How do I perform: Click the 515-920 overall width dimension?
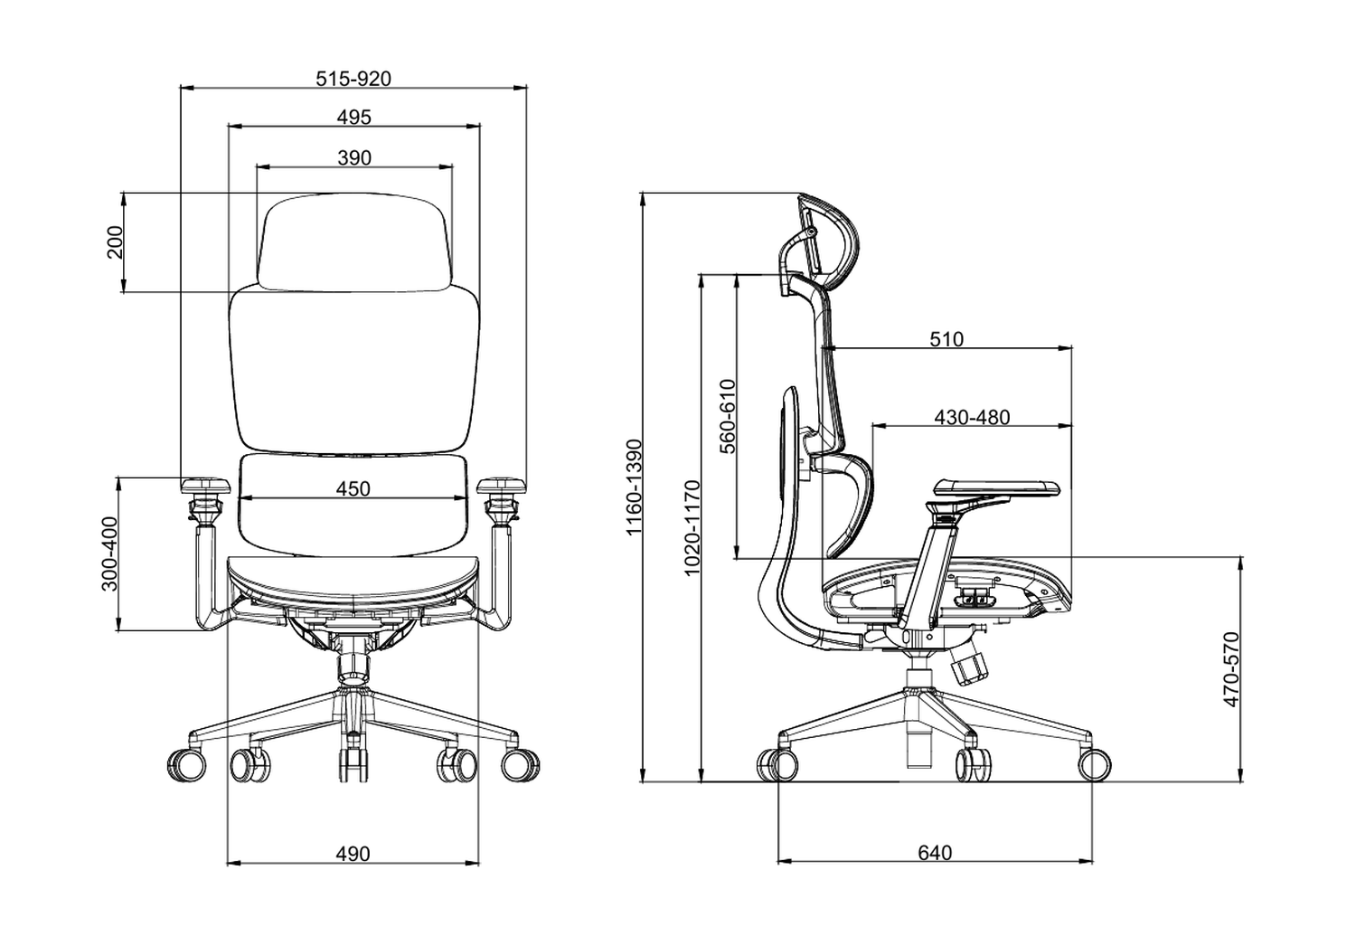(x=353, y=79)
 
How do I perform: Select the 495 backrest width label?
(x=353, y=118)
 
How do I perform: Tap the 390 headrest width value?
(x=354, y=157)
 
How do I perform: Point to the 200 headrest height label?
(x=116, y=242)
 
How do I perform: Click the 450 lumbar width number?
(x=353, y=488)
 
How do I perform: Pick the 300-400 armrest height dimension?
(x=109, y=553)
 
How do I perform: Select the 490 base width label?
(x=353, y=854)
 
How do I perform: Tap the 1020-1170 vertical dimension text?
(x=692, y=528)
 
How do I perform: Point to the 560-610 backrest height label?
(x=728, y=415)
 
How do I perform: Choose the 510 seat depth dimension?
(x=946, y=339)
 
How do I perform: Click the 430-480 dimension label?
(x=972, y=418)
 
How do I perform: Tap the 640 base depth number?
(x=935, y=853)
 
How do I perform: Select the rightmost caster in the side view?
(x=1094, y=764)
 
